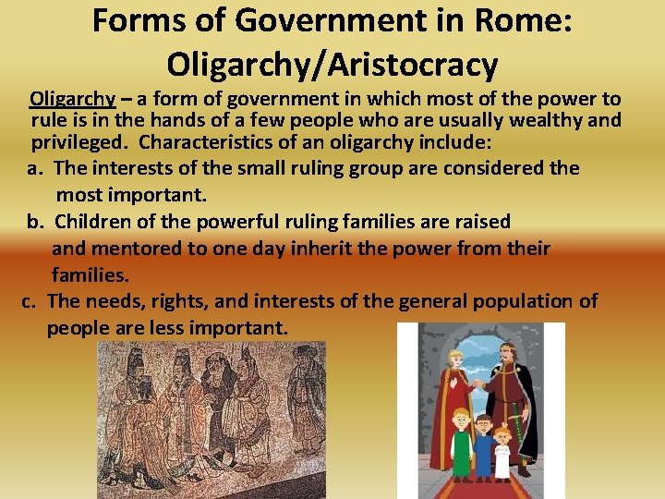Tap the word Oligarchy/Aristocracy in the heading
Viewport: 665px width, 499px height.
(x=332, y=64)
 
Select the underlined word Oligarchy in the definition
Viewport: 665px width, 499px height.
(x=72, y=99)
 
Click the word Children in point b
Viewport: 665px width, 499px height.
(x=93, y=222)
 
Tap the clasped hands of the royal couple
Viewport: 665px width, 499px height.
(x=478, y=384)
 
